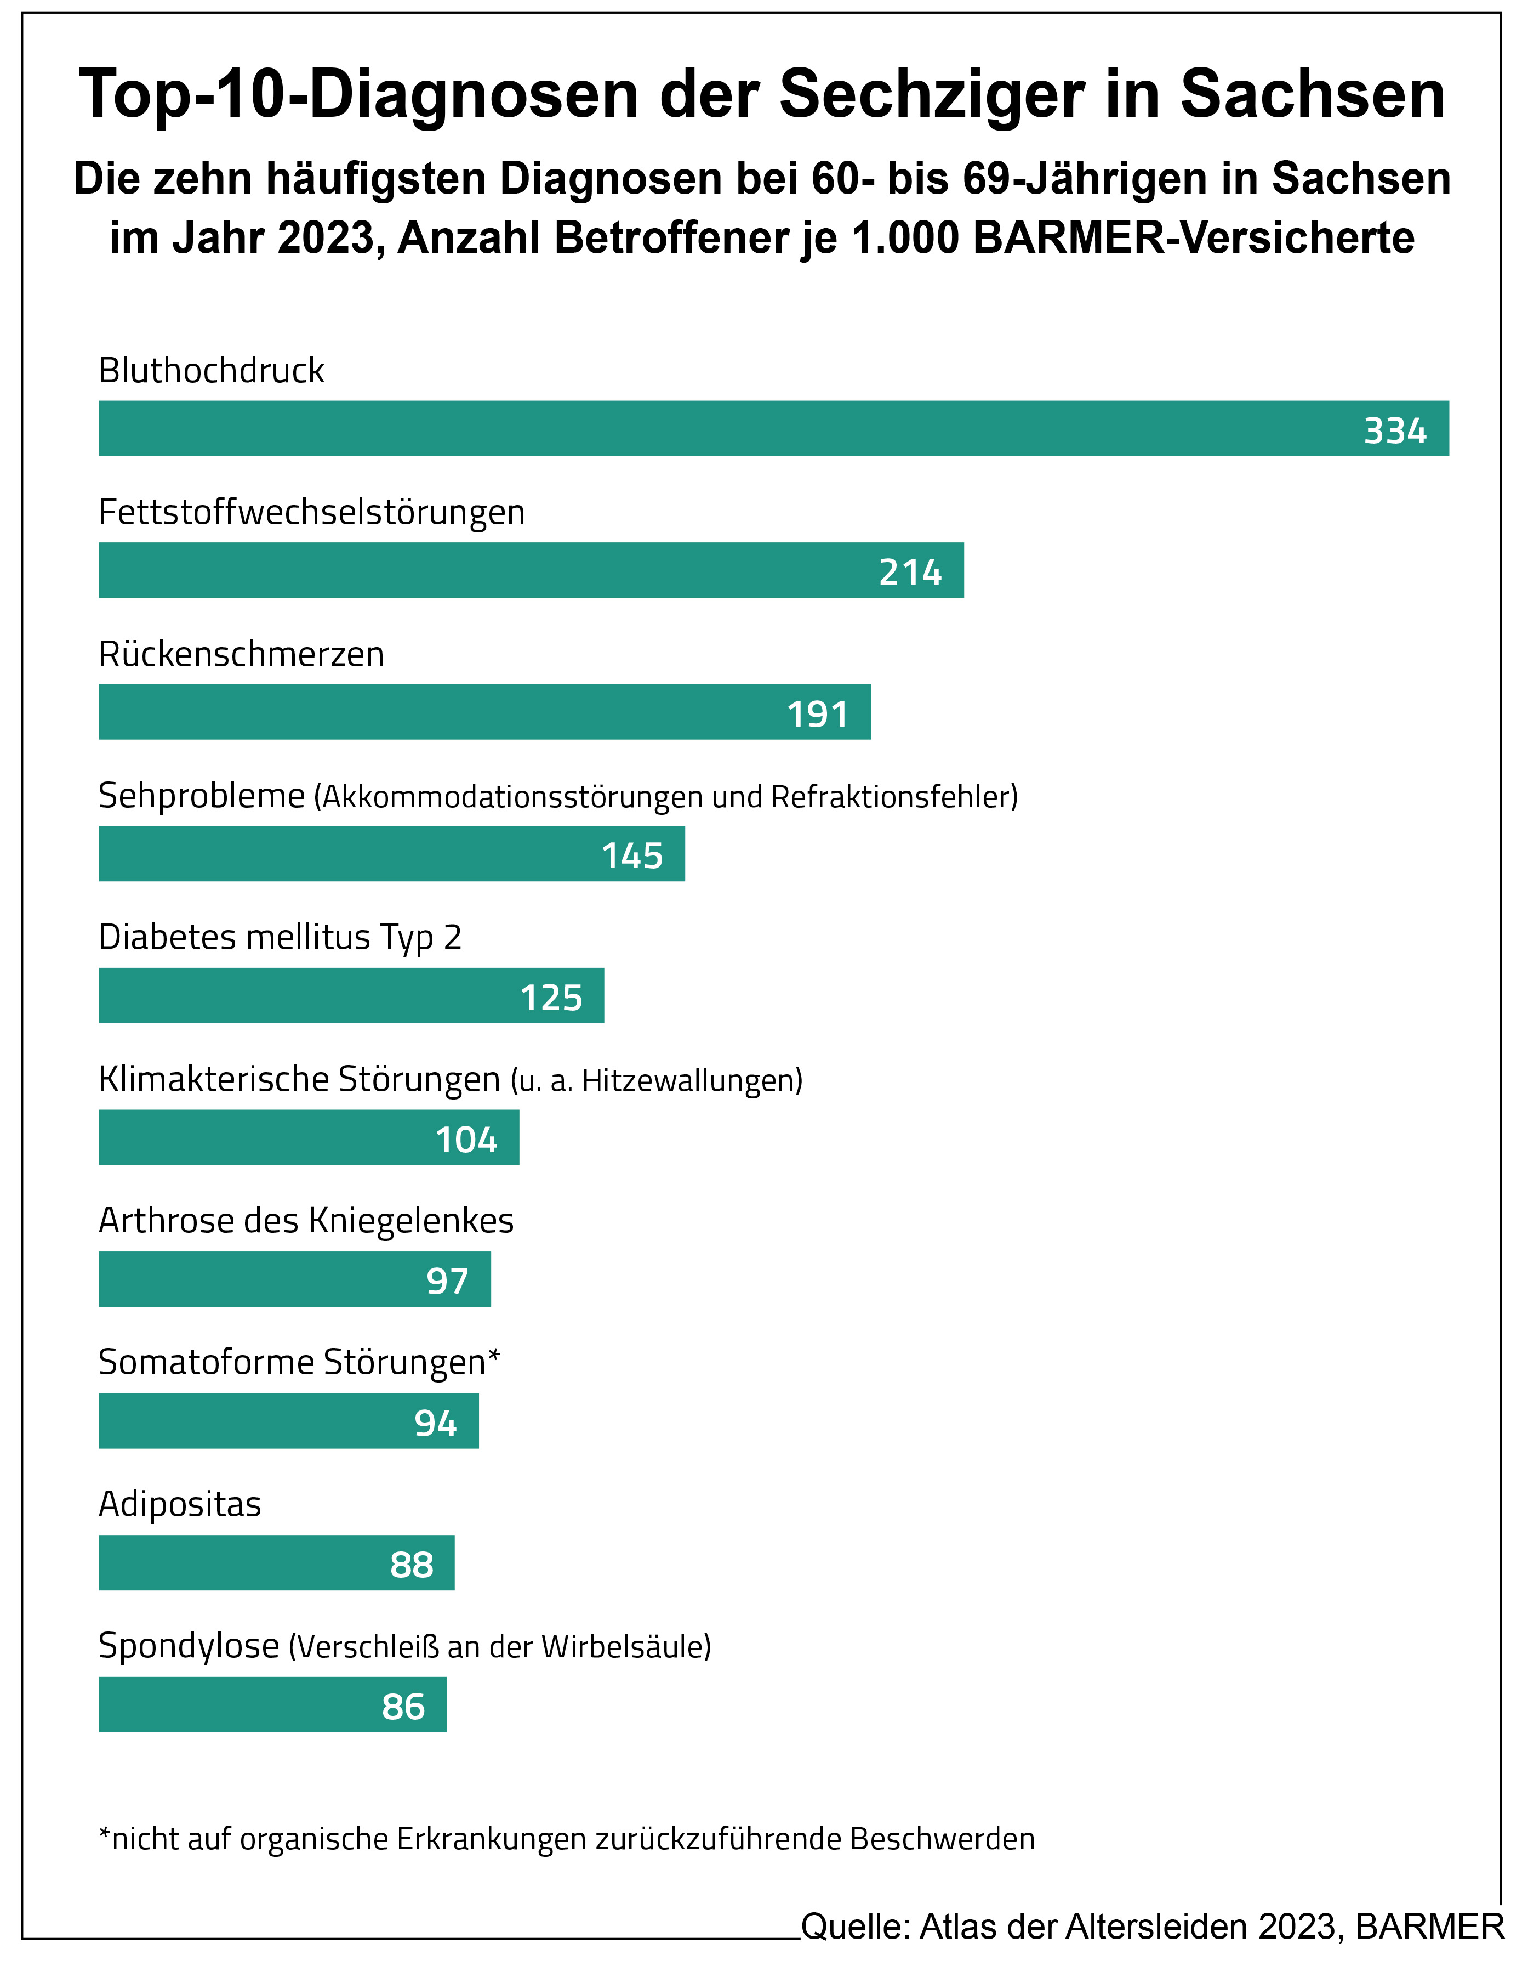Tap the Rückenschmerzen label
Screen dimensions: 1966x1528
tap(241, 654)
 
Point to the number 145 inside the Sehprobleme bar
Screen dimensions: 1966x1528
tap(632, 856)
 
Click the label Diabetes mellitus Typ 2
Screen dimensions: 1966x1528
tap(280, 938)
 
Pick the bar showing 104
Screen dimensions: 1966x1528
tap(309, 1138)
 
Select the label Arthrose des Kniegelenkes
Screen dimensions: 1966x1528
tap(306, 1221)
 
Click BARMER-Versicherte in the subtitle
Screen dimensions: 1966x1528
tap(1194, 239)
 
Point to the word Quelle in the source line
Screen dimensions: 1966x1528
tap(854, 1927)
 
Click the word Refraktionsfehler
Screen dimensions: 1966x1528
tap(894, 797)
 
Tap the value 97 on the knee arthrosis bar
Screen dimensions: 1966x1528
tap(447, 1281)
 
